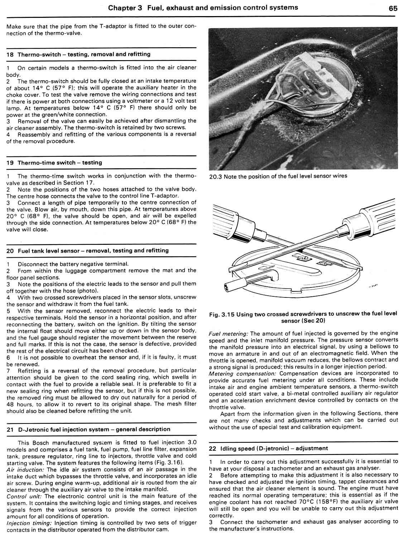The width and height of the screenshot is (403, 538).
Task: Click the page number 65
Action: point(393,9)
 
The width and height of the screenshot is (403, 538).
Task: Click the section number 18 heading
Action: point(10,54)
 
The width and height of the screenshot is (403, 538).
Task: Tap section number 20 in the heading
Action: point(10,251)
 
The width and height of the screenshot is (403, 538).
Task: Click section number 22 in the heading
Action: point(213,448)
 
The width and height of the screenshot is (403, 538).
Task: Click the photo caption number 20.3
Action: point(215,176)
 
